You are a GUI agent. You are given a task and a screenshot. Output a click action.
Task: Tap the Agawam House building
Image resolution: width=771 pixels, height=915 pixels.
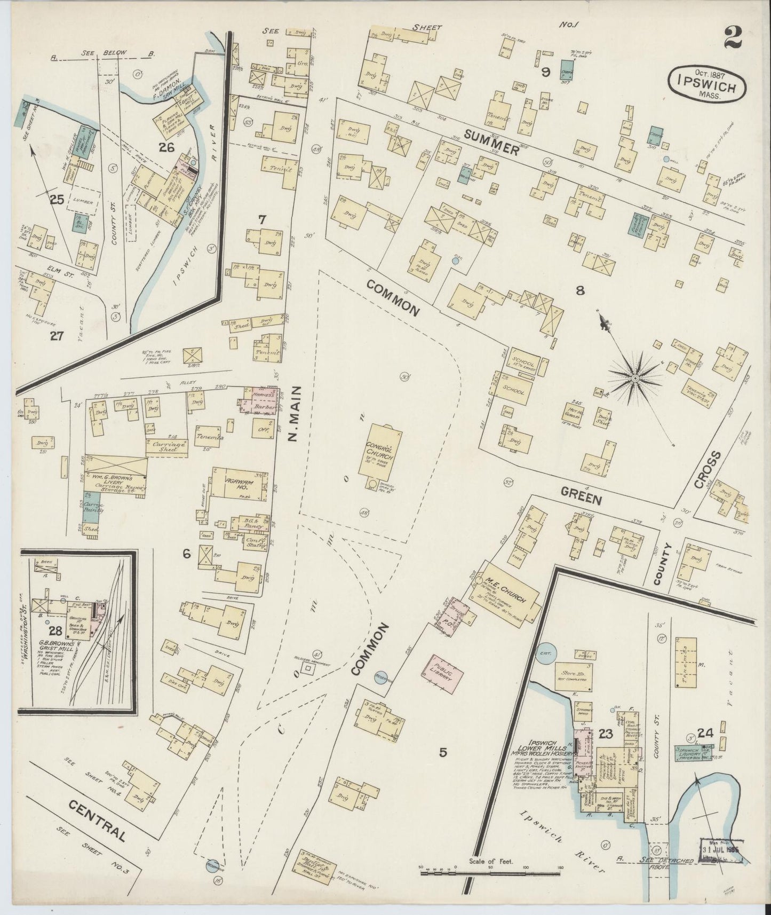pos(239,483)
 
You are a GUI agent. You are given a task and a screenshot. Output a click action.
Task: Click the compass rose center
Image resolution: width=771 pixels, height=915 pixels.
pos(634,378)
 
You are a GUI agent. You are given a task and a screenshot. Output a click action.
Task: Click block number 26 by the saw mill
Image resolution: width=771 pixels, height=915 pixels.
pos(166,148)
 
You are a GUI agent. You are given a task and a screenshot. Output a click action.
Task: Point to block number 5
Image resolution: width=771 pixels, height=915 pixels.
pos(442,753)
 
